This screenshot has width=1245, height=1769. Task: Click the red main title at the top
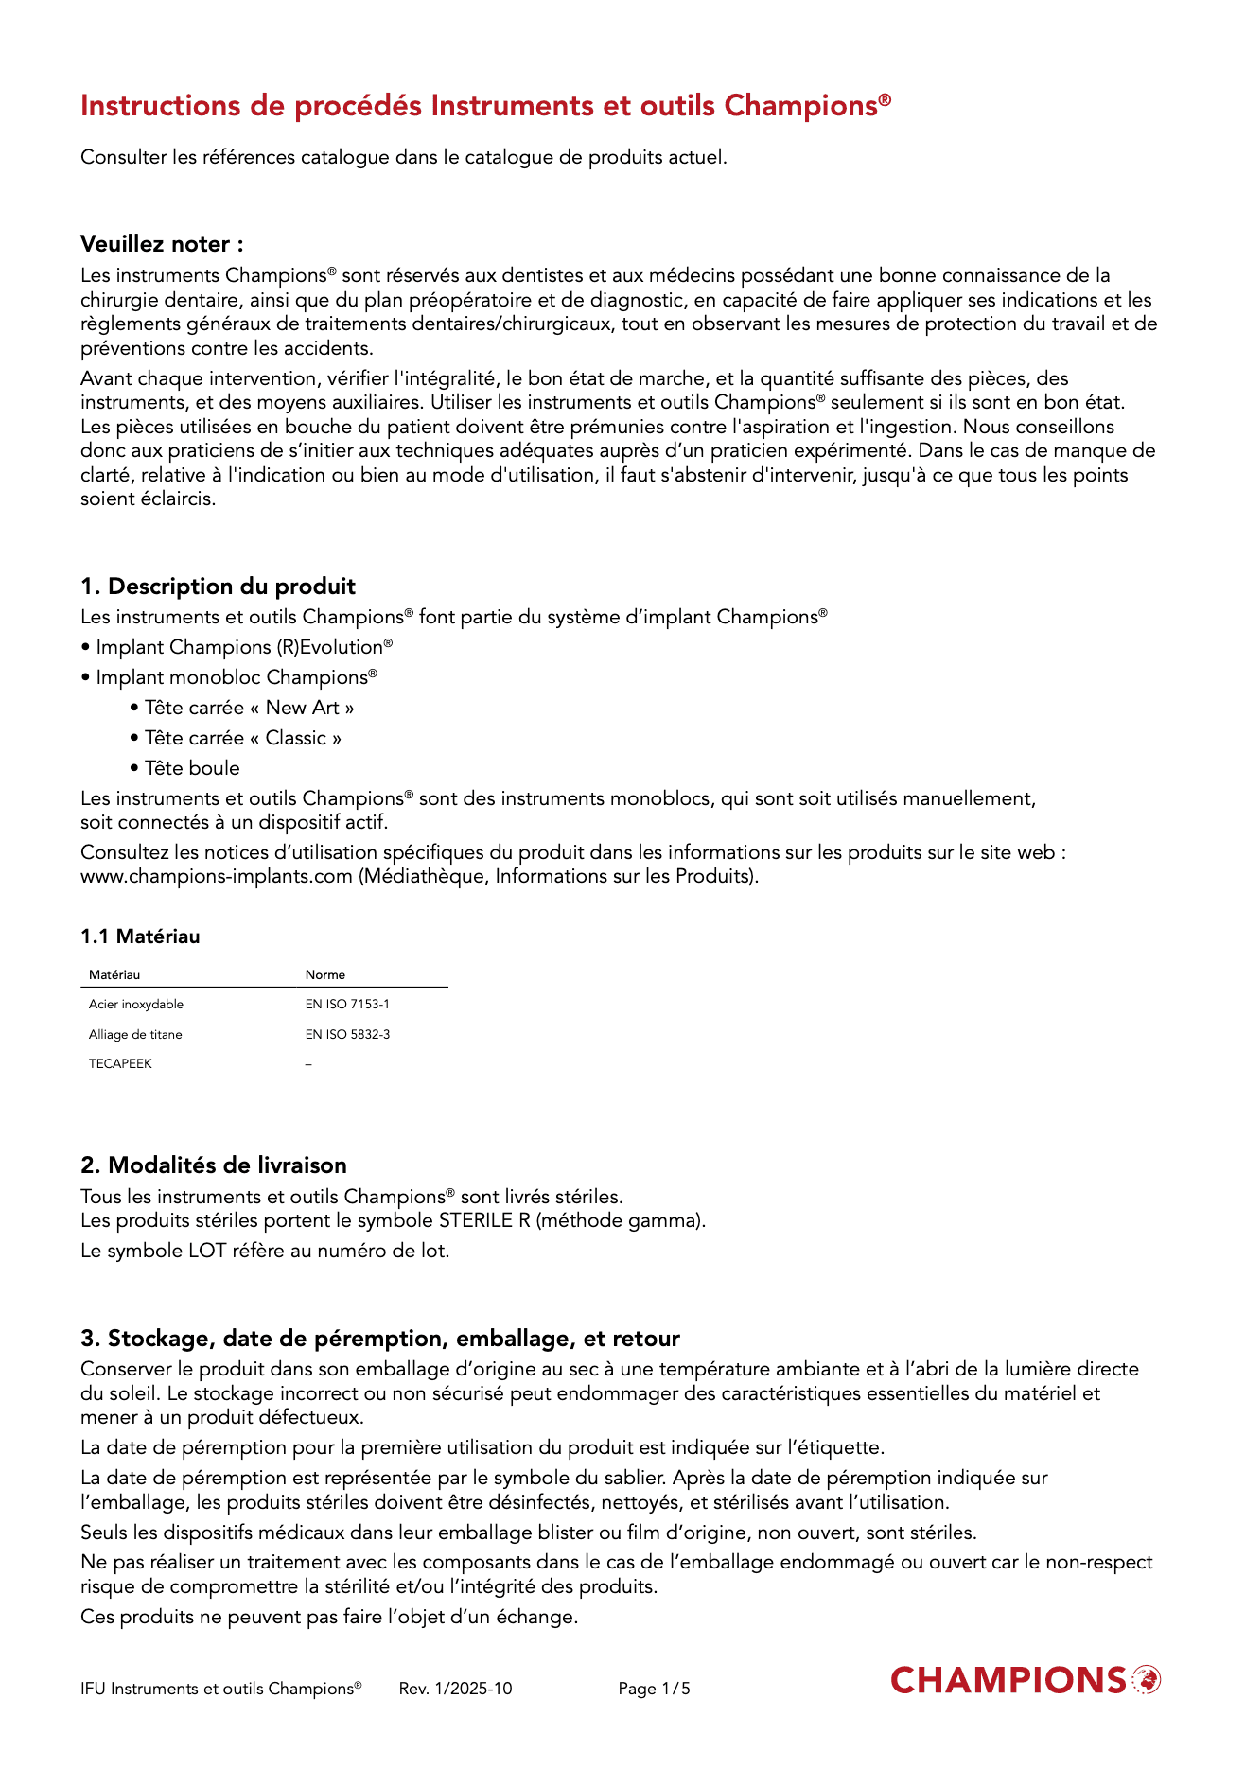(484, 106)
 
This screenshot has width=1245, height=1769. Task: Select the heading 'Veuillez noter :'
(162, 244)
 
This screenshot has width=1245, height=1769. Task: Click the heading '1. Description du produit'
(218, 587)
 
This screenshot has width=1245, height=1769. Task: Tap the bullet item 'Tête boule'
(192, 768)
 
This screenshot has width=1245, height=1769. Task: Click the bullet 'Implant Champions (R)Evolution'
(243, 647)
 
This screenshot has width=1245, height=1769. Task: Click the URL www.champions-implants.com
(216, 876)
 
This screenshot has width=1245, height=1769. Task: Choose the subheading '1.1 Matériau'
(140, 937)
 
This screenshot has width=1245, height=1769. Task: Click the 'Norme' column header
(324, 975)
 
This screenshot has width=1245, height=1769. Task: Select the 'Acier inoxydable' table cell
(136, 1005)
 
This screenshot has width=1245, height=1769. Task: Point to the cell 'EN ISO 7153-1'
(347, 1005)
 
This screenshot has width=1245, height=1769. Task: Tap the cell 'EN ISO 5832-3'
(347, 1035)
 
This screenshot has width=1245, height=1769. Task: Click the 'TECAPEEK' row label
(120, 1064)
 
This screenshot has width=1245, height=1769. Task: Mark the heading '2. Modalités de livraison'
(214, 1165)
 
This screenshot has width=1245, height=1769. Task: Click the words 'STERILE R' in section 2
(483, 1220)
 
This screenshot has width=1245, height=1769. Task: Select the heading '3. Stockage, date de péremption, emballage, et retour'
(380, 1339)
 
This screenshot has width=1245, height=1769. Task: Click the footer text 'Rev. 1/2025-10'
(455, 1689)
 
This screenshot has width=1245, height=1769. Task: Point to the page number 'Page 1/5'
(654, 1689)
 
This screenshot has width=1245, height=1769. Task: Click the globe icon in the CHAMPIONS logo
(1146, 1680)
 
